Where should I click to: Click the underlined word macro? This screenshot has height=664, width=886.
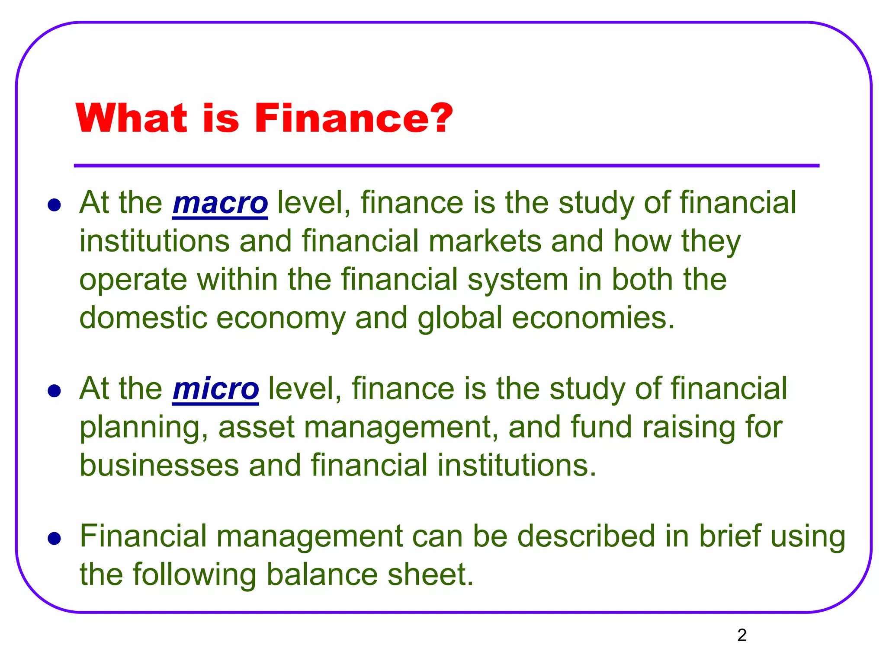click(220, 203)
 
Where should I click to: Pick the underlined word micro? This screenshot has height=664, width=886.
click(215, 389)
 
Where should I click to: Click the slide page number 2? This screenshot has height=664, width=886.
click(742, 635)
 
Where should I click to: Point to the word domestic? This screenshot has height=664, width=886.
click(143, 318)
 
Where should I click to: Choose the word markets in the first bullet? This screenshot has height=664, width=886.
click(485, 241)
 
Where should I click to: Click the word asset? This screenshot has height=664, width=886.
click(257, 428)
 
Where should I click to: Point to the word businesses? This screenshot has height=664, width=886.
click(159, 465)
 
